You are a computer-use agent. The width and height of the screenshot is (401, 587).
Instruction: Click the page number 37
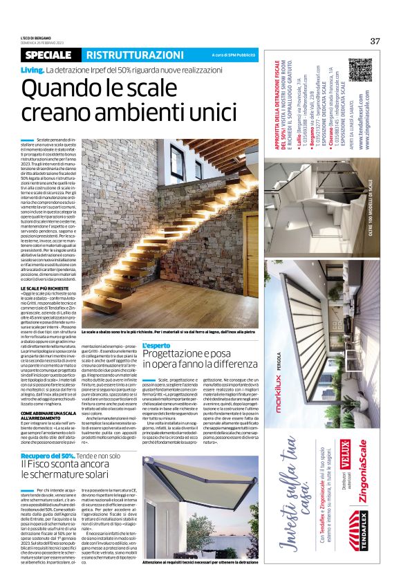pos(375,41)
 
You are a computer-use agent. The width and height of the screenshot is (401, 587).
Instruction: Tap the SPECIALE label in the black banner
pos(50,55)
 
